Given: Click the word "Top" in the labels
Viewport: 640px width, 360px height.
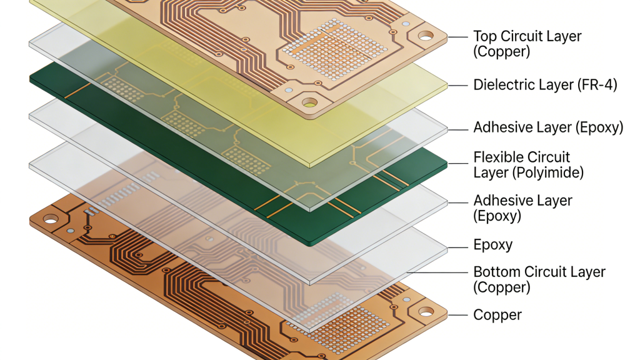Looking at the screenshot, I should tap(486, 36).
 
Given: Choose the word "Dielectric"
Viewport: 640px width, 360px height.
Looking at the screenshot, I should tap(504, 84).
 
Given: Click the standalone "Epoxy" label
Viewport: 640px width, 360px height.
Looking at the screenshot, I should tap(493, 245).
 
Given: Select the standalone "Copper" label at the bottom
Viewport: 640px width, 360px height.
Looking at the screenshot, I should tap(497, 314).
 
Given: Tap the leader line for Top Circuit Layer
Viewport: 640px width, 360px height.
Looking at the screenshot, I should tap(458, 37).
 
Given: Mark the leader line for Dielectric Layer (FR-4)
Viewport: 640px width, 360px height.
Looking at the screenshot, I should tap(458, 84).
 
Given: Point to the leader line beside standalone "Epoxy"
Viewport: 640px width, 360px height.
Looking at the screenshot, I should tap(458, 246).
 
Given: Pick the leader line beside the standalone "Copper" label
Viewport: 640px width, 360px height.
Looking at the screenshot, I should tap(458, 314).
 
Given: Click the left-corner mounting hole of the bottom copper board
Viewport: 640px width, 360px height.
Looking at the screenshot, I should tap(50, 219).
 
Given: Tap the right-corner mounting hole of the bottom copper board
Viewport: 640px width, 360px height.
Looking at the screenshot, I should tap(426, 310).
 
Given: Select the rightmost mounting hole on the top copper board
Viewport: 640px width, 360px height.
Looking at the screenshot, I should tap(426, 36).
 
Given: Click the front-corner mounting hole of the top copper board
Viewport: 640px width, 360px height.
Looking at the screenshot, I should tap(309, 101).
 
